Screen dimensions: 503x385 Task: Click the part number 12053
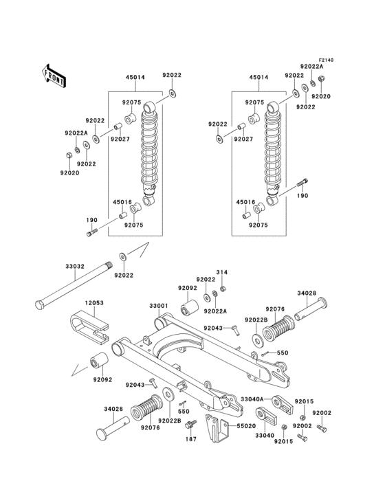[94, 302]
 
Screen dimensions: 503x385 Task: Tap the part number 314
[222, 272]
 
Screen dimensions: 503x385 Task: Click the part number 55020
[245, 426]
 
